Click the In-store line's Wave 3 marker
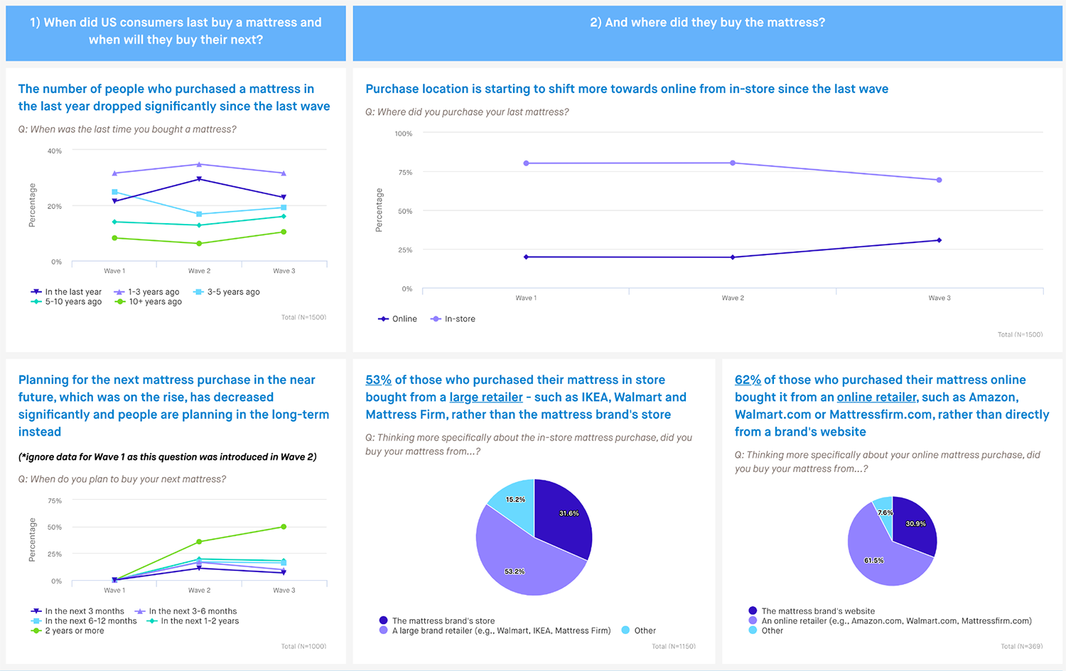pos(939,180)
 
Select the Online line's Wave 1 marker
pos(526,257)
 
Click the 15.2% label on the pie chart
pos(515,500)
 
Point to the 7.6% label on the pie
pos(885,512)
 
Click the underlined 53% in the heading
pos(378,380)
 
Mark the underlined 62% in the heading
pos(748,380)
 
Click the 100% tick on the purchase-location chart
pos(404,134)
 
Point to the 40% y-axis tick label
pos(55,151)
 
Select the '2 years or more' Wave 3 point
pos(284,527)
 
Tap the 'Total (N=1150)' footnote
pos(673,646)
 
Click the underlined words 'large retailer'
pos(486,397)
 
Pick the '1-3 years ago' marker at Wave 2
pos(199,164)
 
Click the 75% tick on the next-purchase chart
pos(55,500)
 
